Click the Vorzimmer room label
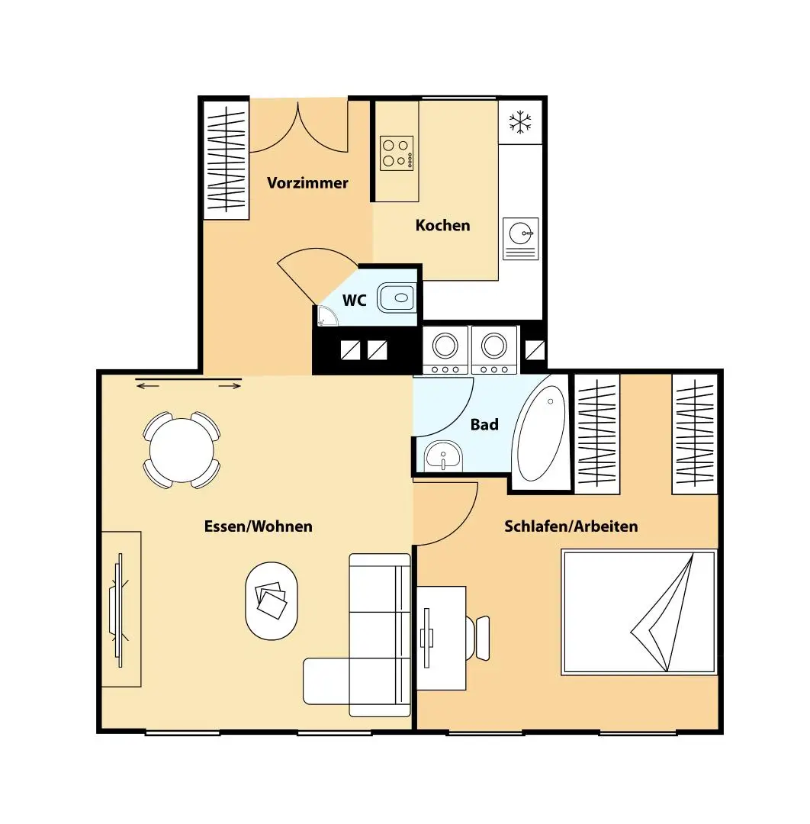(307, 183)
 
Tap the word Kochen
(442, 226)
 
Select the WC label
(354, 301)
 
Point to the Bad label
(484, 425)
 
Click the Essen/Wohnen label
(258, 526)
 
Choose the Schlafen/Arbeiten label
(571, 526)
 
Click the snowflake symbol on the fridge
(520, 122)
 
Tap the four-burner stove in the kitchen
(397, 153)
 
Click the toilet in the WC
(396, 297)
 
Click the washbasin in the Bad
(442, 457)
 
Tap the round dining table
(182, 450)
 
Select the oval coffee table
(271, 600)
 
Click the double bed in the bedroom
(639, 612)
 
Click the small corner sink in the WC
(324, 318)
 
